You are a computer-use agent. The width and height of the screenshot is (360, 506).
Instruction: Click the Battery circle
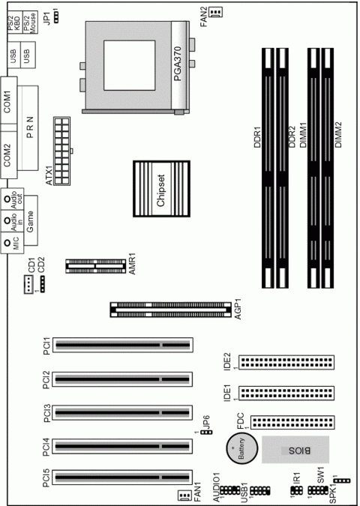(x=242, y=448)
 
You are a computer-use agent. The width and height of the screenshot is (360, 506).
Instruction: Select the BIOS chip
(x=295, y=450)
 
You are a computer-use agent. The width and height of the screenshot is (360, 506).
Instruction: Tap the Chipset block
(x=161, y=189)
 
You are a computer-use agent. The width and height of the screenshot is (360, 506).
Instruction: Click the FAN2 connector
(x=216, y=12)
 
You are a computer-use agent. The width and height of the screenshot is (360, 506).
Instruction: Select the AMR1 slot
(x=95, y=266)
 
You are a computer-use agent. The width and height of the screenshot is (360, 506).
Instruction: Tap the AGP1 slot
(x=171, y=310)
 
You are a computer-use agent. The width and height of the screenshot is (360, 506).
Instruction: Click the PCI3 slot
(x=123, y=413)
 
